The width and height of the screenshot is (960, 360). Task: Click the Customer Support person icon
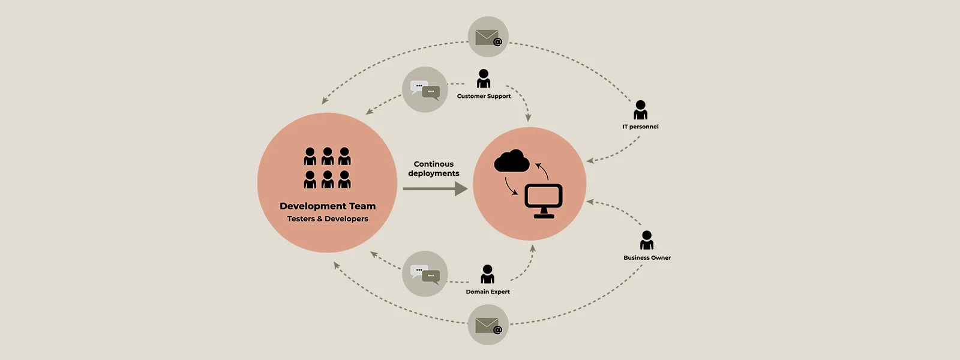[x=484, y=79]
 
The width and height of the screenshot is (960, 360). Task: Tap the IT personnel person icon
[x=641, y=110]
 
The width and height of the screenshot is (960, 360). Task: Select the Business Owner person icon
[x=647, y=241]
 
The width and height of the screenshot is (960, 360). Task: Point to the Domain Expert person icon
[x=488, y=274]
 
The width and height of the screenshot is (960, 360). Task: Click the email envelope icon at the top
[x=488, y=37]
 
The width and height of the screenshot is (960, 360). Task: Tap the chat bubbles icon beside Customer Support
[x=425, y=89]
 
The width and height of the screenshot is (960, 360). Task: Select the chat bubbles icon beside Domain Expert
[x=425, y=274]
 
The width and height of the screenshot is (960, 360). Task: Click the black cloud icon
[x=512, y=161]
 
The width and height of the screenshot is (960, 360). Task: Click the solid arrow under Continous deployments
[x=435, y=189]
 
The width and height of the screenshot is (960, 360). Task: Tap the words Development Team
[x=328, y=206]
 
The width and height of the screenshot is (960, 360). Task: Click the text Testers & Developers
[x=328, y=219]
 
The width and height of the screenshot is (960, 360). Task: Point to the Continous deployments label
[x=434, y=169]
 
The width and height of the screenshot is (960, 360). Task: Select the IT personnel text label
[x=640, y=127]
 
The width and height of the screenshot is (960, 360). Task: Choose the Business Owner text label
[x=647, y=258]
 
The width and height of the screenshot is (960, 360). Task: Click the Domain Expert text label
[x=488, y=292]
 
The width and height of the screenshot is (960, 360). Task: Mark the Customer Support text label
[x=484, y=96]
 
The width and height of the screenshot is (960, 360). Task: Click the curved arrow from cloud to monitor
[x=511, y=187]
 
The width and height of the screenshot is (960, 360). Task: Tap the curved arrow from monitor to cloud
[x=542, y=170]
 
